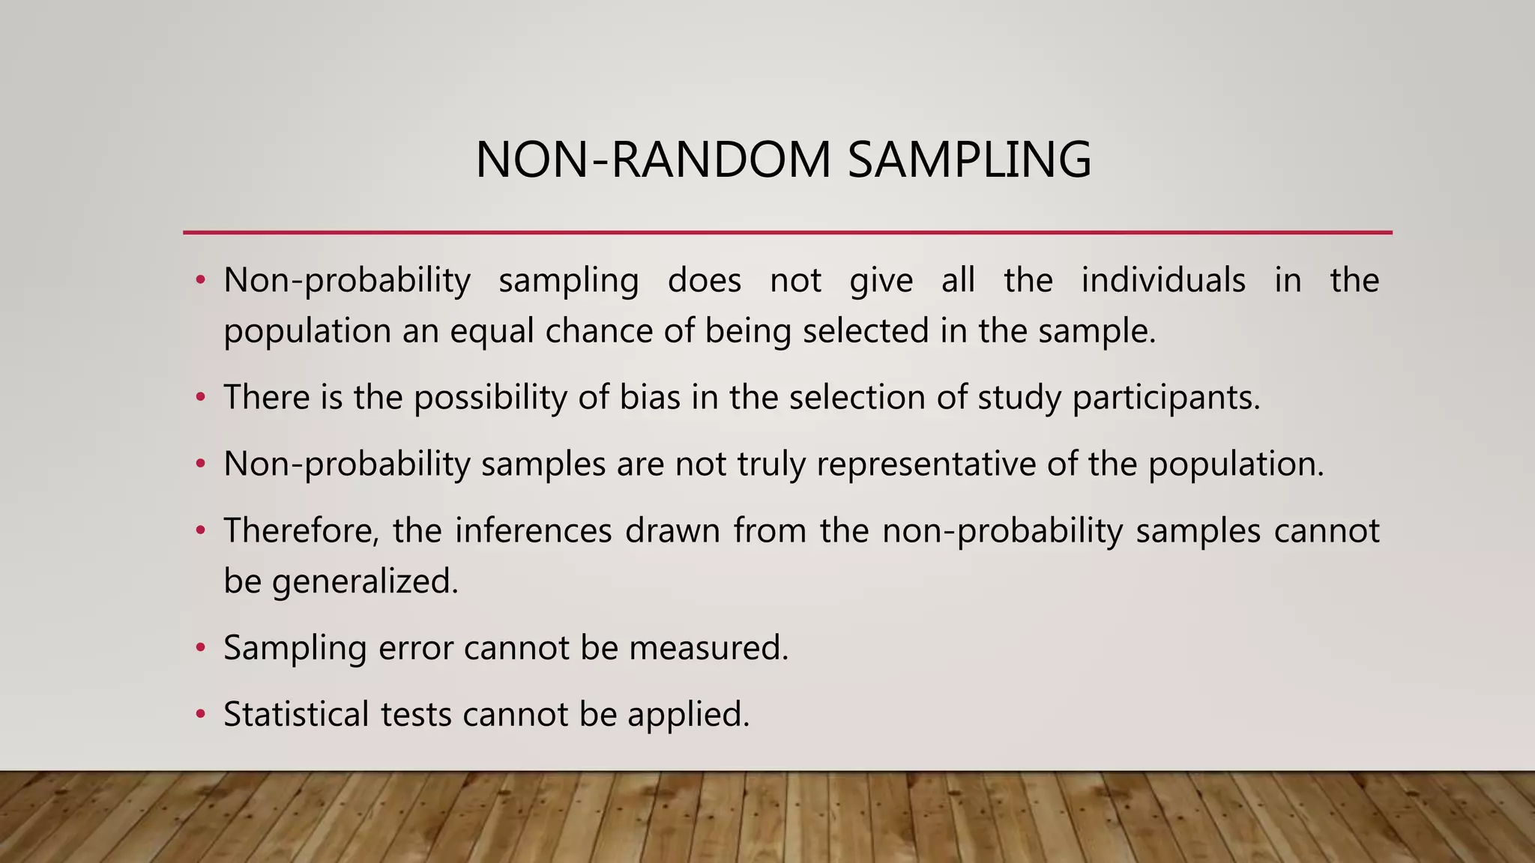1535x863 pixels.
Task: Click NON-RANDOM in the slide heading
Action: tap(653, 160)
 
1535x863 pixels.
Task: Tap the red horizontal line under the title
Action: tap(787, 233)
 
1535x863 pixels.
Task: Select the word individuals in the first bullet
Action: tap(1163, 281)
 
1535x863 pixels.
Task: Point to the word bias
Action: tap(650, 397)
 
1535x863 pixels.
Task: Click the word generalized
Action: tap(365, 582)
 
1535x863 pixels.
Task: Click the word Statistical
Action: tap(296, 714)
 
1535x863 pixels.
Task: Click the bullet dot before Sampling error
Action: tap(200, 648)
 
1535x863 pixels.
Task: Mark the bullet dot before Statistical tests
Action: tap(200, 715)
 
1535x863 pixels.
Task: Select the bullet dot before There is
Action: tap(200, 398)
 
